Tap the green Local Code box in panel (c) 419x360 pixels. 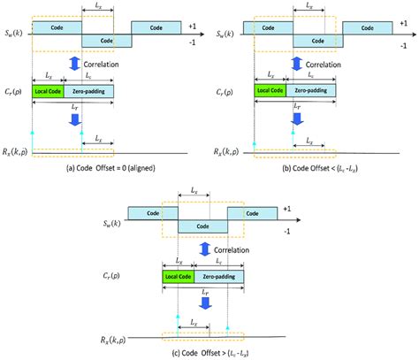pyautogui.click(x=179, y=276)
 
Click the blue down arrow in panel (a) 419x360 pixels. pyautogui.click(x=75, y=118)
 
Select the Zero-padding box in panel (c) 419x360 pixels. pyautogui.click(x=220, y=276)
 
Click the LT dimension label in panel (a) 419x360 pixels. pyautogui.click(x=76, y=105)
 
